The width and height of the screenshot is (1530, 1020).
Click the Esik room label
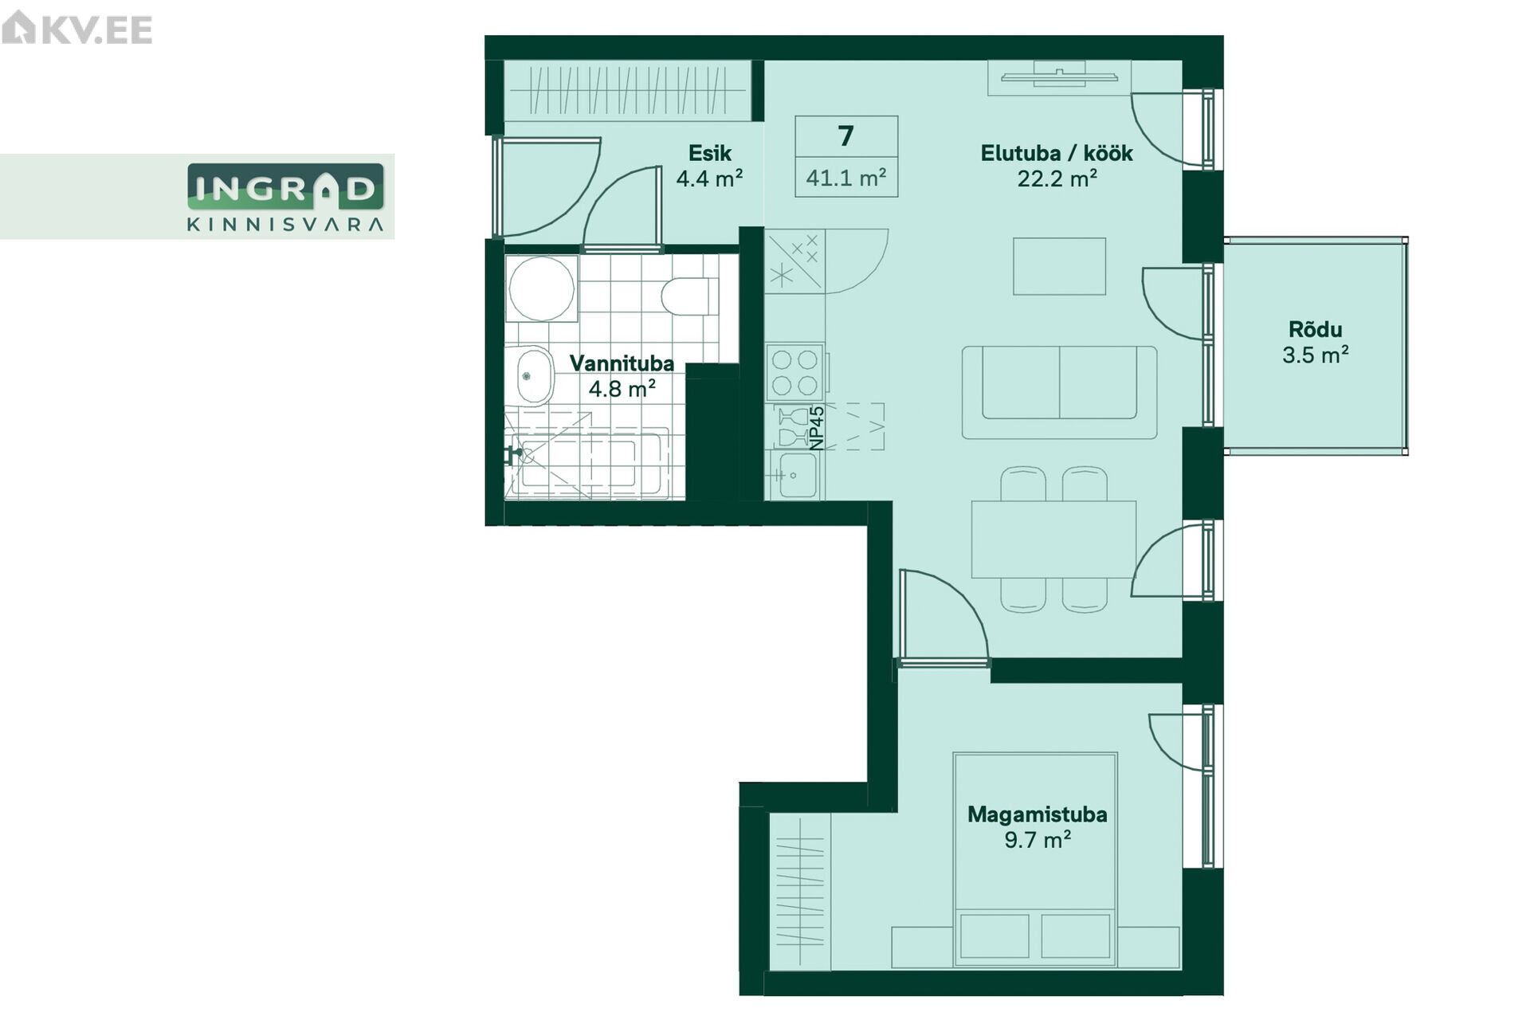[709, 153]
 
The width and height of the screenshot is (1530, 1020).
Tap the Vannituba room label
[622, 363]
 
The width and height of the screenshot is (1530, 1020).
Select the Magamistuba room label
[1037, 814]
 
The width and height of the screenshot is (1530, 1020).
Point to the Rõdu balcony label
[1315, 329]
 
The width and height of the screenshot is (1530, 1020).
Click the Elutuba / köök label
[1057, 153]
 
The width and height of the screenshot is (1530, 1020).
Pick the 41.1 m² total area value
[846, 177]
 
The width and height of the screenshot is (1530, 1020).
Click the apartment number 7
[846, 136]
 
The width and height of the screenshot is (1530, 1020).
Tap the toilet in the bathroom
[689, 296]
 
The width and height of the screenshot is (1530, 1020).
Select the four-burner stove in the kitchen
[794, 372]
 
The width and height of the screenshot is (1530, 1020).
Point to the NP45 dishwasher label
[817, 428]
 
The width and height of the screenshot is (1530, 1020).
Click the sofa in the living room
[1059, 392]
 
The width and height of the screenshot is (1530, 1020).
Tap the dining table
[1053, 539]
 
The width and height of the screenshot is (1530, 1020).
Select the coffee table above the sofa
[1059, 266]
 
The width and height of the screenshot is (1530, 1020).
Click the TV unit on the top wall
[1059, 77]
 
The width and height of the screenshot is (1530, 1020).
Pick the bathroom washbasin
[534, 376]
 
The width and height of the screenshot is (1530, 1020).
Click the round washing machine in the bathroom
[541, 288]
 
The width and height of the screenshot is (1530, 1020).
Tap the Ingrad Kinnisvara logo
[285, 197]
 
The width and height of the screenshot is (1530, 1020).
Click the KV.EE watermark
[76, 29]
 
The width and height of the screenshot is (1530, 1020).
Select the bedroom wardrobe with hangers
[799, 892]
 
